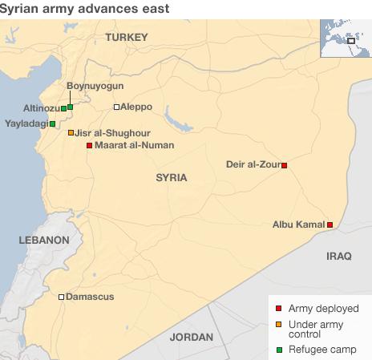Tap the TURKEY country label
click(x=127, y=38)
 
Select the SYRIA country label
click(x=171, y=177)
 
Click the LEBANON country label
click(x=43, y=240)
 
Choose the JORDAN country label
click(x=192, y=337)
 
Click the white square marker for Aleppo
click(x=116, y=107)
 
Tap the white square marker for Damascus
click(x=62, y=297)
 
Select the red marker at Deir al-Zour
click(x=284, y=166)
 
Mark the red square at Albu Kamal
click(x=330, y=225)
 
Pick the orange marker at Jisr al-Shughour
click(x=71, y=133)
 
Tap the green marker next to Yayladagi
click(x=52, y=124)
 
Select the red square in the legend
click(x=278, y=308)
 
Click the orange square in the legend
click(x=278, y=324)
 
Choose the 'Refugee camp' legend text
click(x=318, y=350)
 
